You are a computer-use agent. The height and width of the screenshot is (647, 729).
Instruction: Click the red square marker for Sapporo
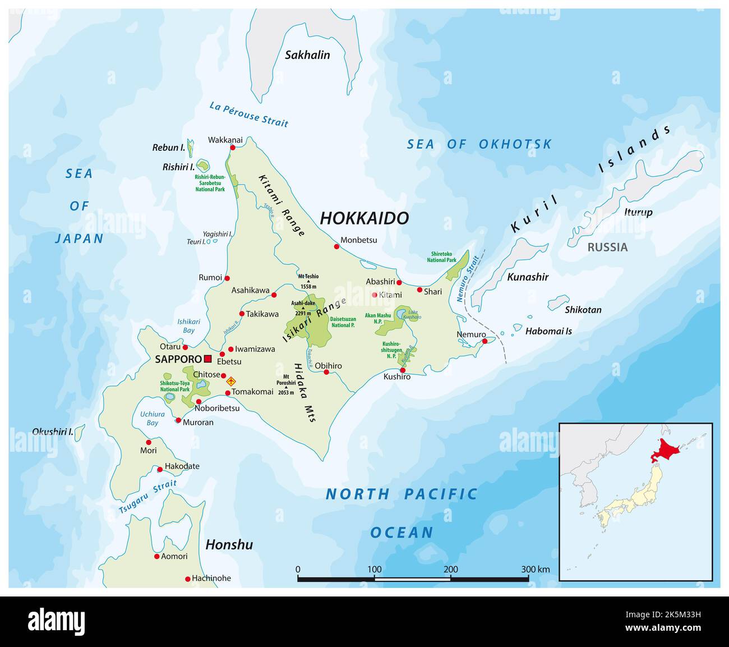pos(208,359)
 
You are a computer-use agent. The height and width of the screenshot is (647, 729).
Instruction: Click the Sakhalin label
pos(307,55)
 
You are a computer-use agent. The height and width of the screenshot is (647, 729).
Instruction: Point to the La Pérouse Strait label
pos(248,114)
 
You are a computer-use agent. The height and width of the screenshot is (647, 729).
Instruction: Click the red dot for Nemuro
pos(485,341)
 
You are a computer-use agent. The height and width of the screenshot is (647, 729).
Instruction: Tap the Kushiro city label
pos(397,377)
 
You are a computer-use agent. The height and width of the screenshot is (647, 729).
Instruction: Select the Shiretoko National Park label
pos(441,256)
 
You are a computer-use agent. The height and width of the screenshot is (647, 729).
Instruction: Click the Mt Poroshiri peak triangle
pos(286,387)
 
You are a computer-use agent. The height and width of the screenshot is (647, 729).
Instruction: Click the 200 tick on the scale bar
pos(451,570)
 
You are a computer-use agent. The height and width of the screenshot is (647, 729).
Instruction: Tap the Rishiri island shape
pos(202,166)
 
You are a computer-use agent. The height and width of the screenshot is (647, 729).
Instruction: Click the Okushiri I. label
pos(53,432)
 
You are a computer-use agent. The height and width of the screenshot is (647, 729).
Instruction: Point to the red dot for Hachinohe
pos(187,579)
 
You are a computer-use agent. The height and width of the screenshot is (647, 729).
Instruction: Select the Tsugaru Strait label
pos(147,496)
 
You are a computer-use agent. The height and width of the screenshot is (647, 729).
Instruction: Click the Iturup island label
pos(638,212)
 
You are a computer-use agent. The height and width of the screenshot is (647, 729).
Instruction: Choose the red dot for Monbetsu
pos(337,246)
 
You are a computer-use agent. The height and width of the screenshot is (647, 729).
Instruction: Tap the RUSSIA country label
pos(607,247)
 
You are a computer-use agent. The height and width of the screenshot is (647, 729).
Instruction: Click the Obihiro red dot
pos(326,372)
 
